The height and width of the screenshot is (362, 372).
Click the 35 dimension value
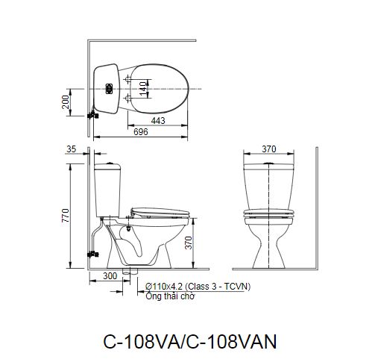coord(72,149)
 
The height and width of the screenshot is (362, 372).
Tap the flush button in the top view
coord(109,88)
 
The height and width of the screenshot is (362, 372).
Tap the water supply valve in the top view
coord(92,114)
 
